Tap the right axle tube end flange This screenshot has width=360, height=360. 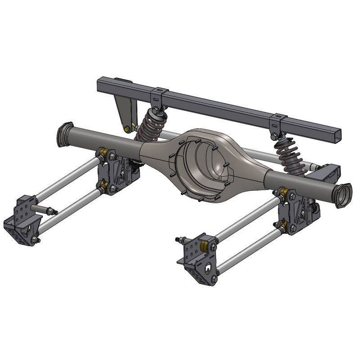coord(344,195)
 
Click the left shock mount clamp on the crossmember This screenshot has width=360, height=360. coord(156,97)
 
